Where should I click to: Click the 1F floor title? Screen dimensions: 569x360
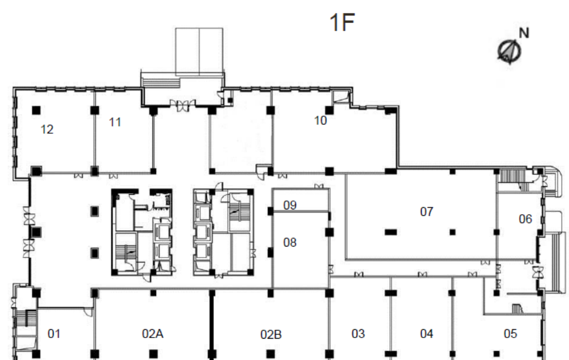point(342,22)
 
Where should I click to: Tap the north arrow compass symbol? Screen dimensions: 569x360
point(509,51)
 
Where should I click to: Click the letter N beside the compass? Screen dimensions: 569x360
point(524,33)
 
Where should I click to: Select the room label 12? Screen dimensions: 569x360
point(47,129)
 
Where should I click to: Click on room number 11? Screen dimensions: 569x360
point(115,122)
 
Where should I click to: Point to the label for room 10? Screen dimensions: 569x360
point(320,121)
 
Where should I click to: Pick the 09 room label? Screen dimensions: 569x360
point(290,205)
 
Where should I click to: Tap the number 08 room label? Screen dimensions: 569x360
point(290,242)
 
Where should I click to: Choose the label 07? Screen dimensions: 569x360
point(427,212)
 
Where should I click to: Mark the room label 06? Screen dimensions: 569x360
point(525,219)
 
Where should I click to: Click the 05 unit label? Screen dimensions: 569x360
point(510,334)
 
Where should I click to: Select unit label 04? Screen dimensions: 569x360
point(427,334)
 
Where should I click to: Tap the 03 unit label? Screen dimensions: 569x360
point(358,334)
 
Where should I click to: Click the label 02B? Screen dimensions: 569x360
point(271,334)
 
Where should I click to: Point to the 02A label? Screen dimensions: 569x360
point(152,334)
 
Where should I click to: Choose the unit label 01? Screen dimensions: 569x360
point(54,334)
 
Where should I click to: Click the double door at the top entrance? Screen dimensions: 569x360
point(182,105)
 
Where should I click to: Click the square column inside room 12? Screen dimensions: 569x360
point(36,110)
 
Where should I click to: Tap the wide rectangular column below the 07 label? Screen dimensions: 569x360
point(390,232)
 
